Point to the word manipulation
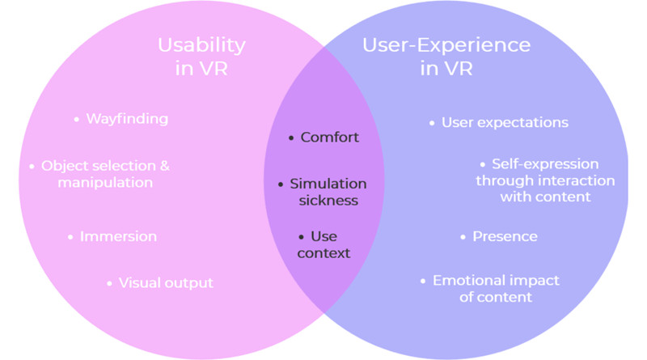click(105, 183)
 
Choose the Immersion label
click(118, 237)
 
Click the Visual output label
click(166, 283)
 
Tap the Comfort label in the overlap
click(329, 138)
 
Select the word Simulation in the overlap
click(328, 184)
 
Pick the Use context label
click(323, 245)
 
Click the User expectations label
click(505, 123)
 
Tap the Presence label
click(505, 237)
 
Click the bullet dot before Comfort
click(291, 138)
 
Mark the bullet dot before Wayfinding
click(76, 120)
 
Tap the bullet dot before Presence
click(463, 238)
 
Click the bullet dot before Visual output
click(110, 284)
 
